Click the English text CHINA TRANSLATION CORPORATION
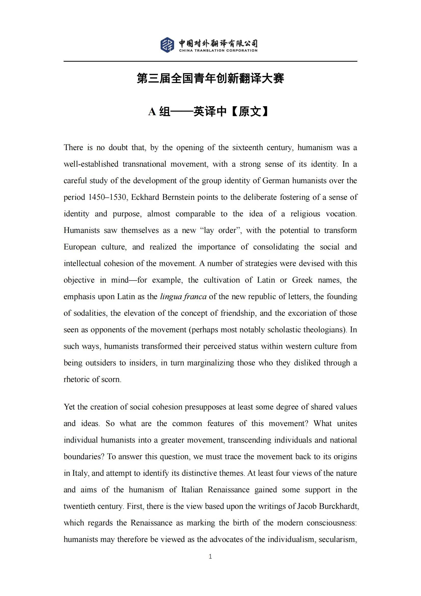(218, 51)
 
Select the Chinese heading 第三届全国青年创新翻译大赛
(210, 78)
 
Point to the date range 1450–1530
(107, 197)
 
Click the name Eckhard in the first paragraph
(145, 197)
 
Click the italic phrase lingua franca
(183, 296)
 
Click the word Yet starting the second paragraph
(69, 407)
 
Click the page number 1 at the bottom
(210, 556)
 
